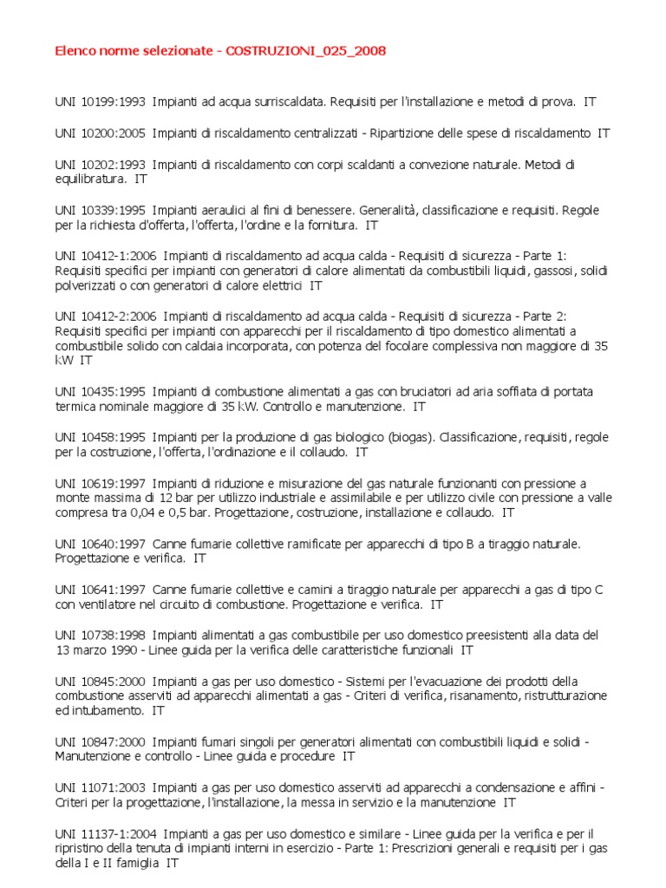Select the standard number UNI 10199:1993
pyautogui.click(x=100, y=101)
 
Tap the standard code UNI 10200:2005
pyautogui.click(x=100, y=133)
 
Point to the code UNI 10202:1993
pyautogui.click(x=100, y=164)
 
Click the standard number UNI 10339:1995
pyautogui.click(x=100, y=210)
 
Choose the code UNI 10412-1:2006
pyautogui.click(x=105, y=256)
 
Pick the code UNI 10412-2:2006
pyautogui.click(x=105, y=317)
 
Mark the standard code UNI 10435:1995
pyautogui.click(x=100, y=391)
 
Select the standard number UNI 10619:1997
pyautogui.click(x=100, y=483)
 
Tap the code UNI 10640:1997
pyautogui.click(x=100, y=544)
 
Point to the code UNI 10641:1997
pyautogui.click(x=100, y=590)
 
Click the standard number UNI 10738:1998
pyautogui.click(x=100, y=635)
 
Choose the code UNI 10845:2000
pyautogui.click(x=100, y=681)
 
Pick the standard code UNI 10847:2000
pyautogui.click(x=100, y=741)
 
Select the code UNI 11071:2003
pyautogui.click(x=100, y=787)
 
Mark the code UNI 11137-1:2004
pyautogui.click(x=105, y=833)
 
